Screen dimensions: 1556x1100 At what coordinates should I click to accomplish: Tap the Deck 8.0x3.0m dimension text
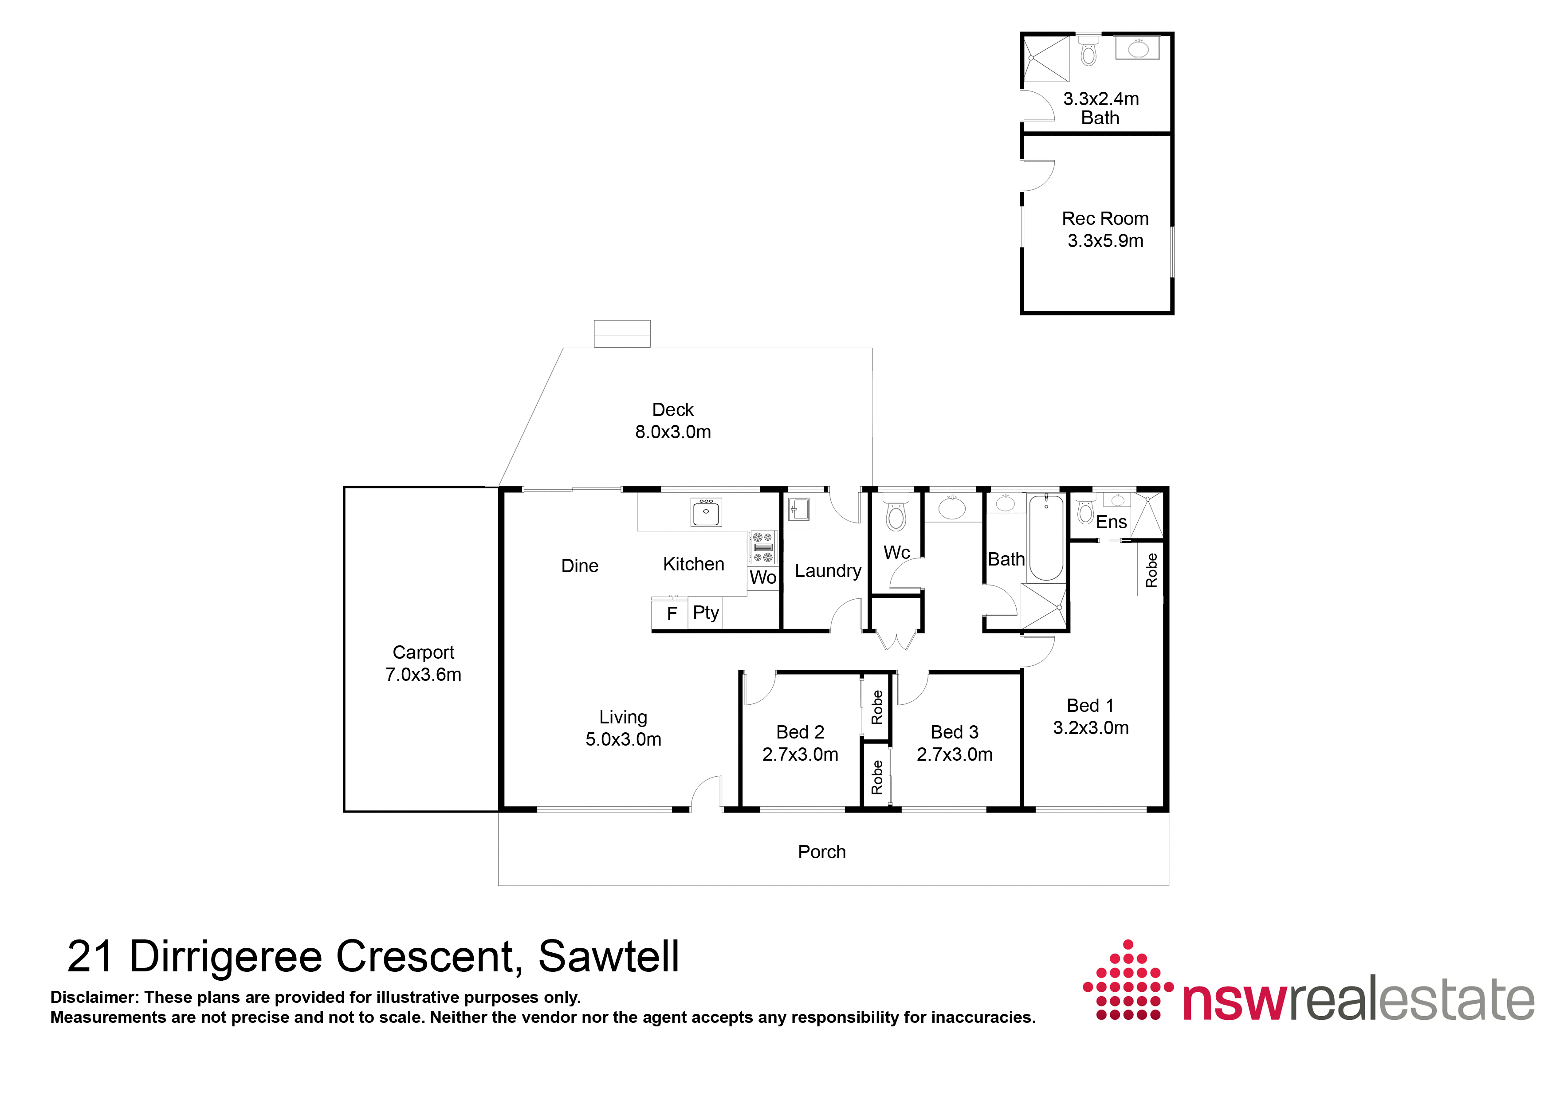(672, 432)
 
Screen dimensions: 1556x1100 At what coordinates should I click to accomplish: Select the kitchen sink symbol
(706, 512)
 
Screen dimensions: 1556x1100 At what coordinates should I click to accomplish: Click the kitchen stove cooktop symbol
(762, 547)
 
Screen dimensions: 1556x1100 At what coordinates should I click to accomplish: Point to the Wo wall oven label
(762, 577)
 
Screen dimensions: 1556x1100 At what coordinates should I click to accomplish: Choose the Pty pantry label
(706, 613)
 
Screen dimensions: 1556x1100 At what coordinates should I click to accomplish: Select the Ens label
(1112, 522)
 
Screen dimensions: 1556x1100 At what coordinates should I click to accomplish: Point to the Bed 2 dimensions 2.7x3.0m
(800, 754)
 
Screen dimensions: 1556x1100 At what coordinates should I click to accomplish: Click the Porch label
(821, 852)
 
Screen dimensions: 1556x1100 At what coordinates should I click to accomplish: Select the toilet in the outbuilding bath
(1088, 50)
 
